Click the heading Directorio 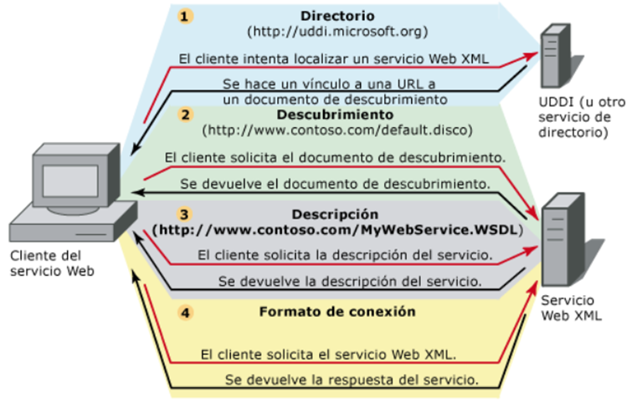tap(337, 16)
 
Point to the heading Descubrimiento tap(337, 114)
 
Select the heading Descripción tap(337, 213)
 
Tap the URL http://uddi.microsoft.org tap(337, 32)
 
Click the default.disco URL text tap(337, 130)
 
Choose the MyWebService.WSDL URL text tap(337, 229)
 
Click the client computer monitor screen tap(69, 181)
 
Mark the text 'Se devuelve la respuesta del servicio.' tap(352, 379)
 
